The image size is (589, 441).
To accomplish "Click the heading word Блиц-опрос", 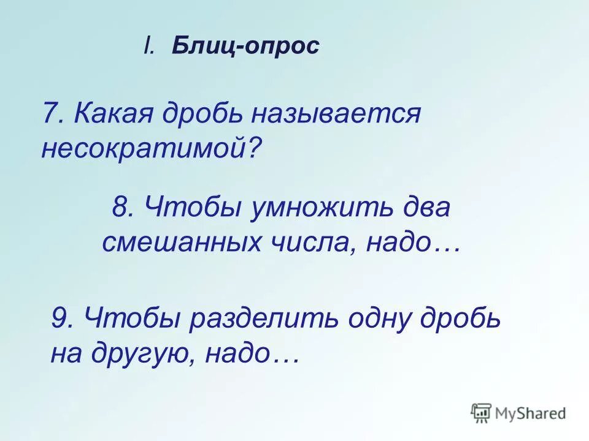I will point(245,47).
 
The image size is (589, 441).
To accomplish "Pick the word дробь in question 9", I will point(466,319).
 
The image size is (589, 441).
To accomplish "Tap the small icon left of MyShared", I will point(481,413).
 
